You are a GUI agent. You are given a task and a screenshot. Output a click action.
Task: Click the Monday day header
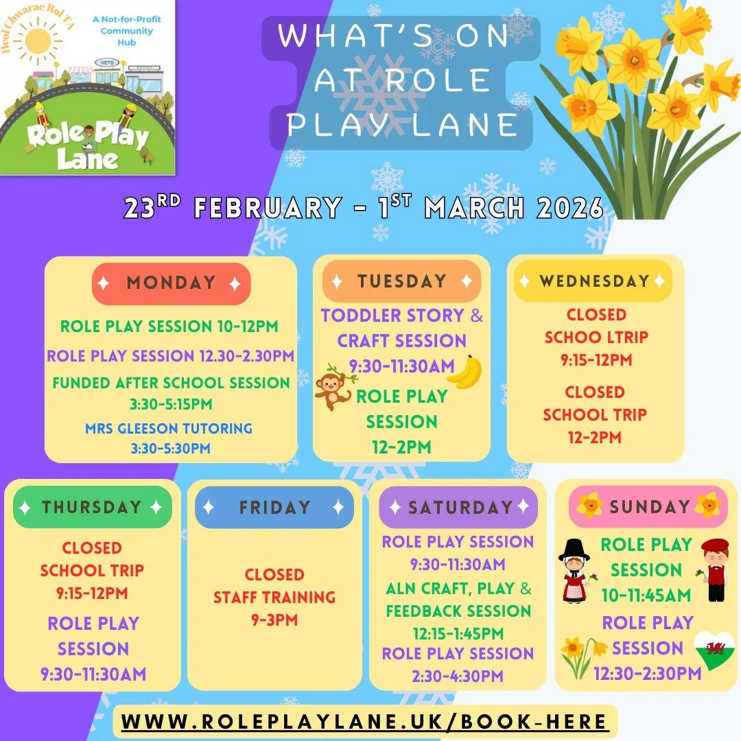pos(171,283)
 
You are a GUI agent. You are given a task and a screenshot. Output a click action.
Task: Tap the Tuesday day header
pos(401,281)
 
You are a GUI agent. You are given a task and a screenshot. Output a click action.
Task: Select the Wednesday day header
pos(593,281)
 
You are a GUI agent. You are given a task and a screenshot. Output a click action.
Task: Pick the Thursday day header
pos(92,507)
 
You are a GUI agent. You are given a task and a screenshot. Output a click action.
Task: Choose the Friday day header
pos(274,508)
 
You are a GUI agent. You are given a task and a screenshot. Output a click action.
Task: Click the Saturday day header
pos(458,508)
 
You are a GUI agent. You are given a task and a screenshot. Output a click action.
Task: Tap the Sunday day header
pos(649,506)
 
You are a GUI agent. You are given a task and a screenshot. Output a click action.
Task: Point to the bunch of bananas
pos(465,372)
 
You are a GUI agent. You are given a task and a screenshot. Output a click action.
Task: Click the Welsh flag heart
pos(714,648)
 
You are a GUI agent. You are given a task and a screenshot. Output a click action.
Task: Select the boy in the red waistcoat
pos(715,569)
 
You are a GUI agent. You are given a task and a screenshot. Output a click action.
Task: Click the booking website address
pos(365,722)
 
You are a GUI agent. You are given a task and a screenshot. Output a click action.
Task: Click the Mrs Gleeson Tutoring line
pos(169,429)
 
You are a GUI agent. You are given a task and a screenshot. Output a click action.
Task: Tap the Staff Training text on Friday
pos(274,598)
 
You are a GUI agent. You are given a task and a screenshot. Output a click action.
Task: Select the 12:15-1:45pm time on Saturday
pos(458,633)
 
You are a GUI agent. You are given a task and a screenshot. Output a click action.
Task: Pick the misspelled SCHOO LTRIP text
pos(596,338)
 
